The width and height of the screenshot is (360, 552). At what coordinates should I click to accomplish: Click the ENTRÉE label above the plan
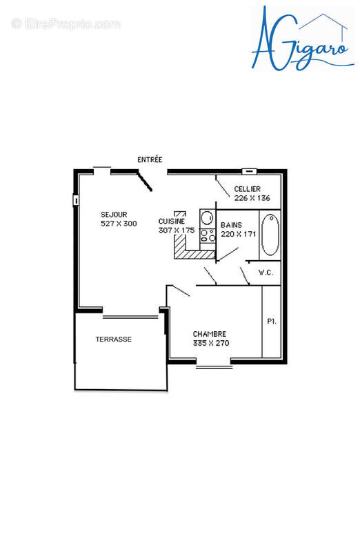pyautogui.click(x=150, y=159)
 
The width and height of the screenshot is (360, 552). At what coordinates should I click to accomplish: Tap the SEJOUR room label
pyautogui.click(x=114, y=214)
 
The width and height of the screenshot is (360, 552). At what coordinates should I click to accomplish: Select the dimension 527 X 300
pyautogui.click(x=119, y=224)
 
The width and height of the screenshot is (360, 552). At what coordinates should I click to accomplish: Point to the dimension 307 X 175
pyautogui.click(x=177, y=230)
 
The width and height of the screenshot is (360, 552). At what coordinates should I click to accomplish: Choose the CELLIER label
pyautogui.click(x=247, y=189)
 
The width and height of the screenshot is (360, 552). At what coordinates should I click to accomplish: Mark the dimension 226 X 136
pyautogui.click(x=252, y=198)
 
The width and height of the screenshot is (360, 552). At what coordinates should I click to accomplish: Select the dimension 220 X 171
pyautogui.click(x=238, y=234)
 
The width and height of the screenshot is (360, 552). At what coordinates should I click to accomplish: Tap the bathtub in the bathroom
pyautogui.click(x=270, y=235)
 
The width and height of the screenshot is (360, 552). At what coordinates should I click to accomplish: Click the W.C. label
pyautogui.click(x=266, y=273)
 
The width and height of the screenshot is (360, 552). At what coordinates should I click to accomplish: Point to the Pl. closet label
pyautogui.click(x=272, y=322)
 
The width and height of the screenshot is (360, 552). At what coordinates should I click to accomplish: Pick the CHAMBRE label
pyautogui.click(x=209, y=333)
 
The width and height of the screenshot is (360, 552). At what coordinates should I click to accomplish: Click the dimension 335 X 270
pyautogui.click(x=211, y=343)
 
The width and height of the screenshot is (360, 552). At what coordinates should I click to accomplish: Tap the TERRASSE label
pyautogui.click(x=113, y=339)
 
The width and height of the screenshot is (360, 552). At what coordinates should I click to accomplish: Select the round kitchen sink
pyautogui.click(x=206, y=215)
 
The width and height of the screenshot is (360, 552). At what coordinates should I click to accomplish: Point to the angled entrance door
pyautogui.click(x=145, y=181)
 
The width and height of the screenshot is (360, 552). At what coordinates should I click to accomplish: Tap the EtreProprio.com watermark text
pyautogui.click(x=66, y=24)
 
